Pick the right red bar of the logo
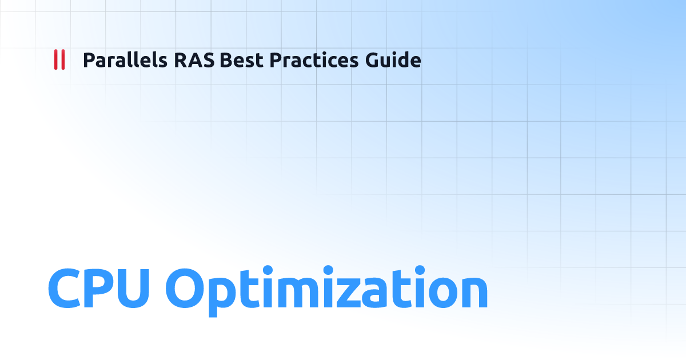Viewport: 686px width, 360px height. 63,60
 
